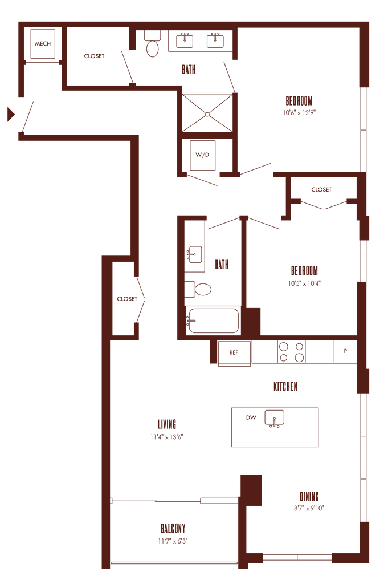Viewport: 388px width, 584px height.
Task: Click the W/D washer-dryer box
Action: tap(203, 155)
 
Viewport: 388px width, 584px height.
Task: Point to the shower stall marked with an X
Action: tap(207, 113)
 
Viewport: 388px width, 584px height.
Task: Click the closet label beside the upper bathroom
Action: tap(94, 56)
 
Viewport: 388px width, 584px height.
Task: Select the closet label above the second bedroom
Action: tap(321, 189)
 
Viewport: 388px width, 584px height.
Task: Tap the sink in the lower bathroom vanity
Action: tap(195, 253)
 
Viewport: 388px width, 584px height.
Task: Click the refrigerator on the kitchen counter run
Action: tap(233, 352)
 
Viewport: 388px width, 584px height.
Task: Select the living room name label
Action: tap(168, 424)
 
